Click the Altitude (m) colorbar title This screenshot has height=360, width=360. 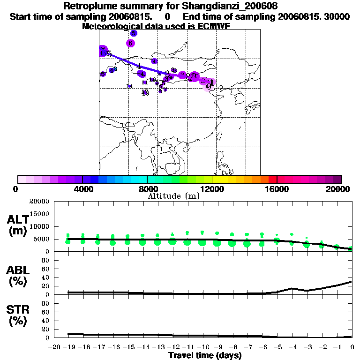pyautogui.click(x=173, y=196)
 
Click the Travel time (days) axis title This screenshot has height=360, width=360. pyautogui.click(x=205, y=355)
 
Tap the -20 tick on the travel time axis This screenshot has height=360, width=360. pyautogui.click(x=55, y=347)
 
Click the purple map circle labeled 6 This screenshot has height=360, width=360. pyautogui.click(x=130, y=43)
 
